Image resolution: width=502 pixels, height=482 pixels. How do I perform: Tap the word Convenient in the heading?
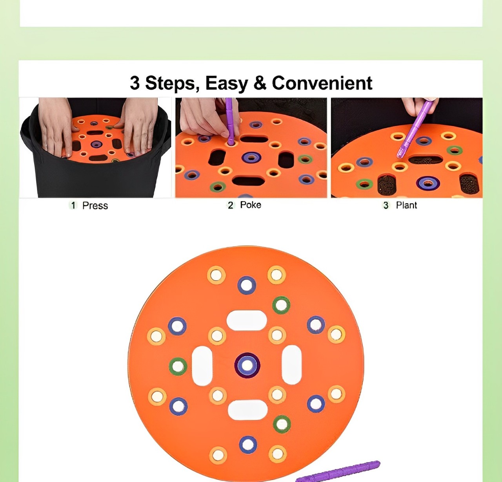coord(322,83)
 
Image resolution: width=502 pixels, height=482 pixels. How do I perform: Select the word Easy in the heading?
coord(226,84)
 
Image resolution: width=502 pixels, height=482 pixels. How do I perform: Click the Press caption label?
coord(95,206)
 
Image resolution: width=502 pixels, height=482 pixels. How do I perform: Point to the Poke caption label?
coord(251,205)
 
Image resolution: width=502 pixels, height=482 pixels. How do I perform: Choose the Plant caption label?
coord(407,205)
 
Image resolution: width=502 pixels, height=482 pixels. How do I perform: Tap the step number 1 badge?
coord(73,205)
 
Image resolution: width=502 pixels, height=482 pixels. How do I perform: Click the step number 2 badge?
coord(230,205)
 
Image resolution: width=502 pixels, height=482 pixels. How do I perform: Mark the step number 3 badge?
coord(386,205)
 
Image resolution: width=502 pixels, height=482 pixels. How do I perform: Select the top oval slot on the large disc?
coord(246,321)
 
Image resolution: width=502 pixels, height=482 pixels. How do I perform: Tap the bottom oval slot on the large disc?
coord(247,410)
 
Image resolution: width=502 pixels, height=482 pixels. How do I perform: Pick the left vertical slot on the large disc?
coord(202,365)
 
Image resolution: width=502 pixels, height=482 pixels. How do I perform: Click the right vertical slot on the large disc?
coord(291,365)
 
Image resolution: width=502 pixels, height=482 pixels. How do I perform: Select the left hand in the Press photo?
coord(56,126)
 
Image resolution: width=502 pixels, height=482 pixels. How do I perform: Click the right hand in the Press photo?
coord(138,126)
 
